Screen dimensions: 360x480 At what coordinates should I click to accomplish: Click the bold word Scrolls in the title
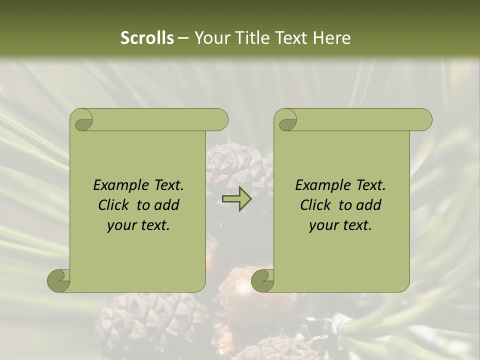coord(147,38)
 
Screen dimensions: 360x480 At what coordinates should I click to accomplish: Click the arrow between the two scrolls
coord(236,199)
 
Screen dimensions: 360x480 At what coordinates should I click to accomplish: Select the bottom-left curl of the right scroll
coord(263,280)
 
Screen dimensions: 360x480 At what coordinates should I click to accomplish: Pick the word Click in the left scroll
coord(114,205)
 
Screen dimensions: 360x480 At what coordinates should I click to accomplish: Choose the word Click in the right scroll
coord(316,205)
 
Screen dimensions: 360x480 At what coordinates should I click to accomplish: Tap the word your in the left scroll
coord(121,225)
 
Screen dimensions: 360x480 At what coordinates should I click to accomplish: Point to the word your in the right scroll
coord(323,225)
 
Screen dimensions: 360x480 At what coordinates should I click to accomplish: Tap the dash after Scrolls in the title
coord(183,38)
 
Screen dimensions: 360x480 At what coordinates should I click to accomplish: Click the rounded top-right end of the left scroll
coord(219,120)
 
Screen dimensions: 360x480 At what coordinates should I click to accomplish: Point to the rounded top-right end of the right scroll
coord(423,120)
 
